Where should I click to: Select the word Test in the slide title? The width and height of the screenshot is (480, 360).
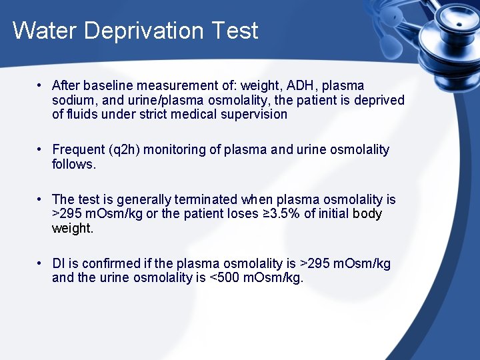click(x=235, y=31)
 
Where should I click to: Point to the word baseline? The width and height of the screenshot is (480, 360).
click(x=105, y=85)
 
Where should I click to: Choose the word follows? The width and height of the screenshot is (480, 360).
click(x=74, y=164)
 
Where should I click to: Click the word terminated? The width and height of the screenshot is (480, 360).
click(x=205, y=199)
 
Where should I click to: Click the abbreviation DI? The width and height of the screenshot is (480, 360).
click(x=58, y=263)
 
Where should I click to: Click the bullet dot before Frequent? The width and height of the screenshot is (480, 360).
click(x=41, y=149)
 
